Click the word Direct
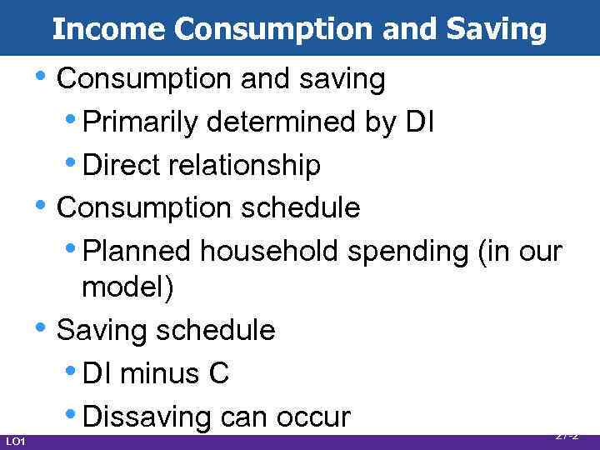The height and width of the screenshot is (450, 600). [x=123, y=165]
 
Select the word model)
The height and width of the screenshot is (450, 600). [x=127, y=287]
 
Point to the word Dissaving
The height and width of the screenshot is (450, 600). [x=150, y=415]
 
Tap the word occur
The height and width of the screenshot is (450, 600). [x=313, y=415]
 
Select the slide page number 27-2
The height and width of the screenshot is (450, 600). [x=566, y=435]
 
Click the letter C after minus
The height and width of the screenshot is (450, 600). [x=218, y=373]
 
